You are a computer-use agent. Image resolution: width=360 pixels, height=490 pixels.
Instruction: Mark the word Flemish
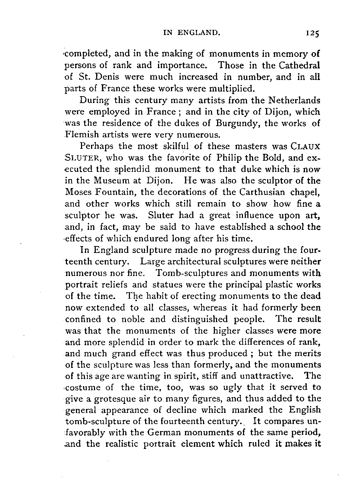(x=82, y=135)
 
